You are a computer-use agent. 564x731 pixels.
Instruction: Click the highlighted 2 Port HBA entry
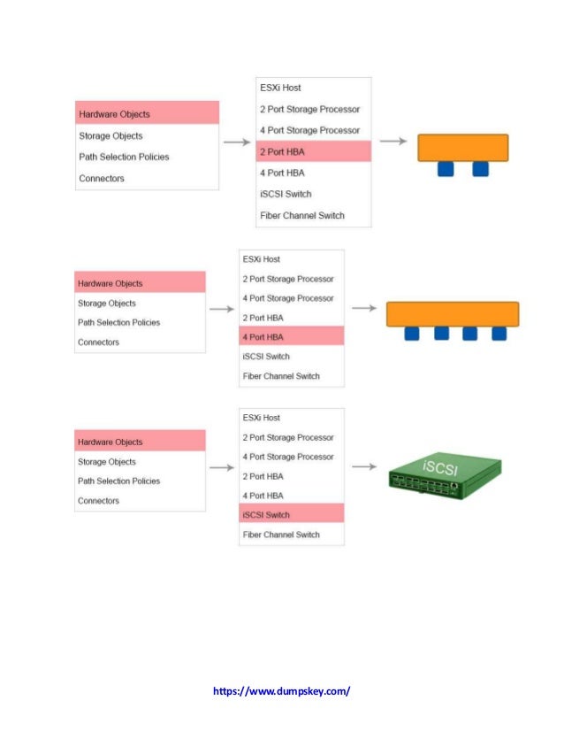(x=313, y=151)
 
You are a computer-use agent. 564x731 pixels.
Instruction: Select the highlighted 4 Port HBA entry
(x=292, y=336)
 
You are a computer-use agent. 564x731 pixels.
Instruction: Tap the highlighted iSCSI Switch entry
(x=292, y=515)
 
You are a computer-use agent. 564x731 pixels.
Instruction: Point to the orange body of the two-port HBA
(x=462, y=147)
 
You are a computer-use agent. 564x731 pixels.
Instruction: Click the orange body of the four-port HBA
(x=453, y=314)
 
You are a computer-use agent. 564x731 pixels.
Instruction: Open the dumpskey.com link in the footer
(x=282, y=690)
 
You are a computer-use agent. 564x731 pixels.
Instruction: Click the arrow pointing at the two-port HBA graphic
(x=393, y=141)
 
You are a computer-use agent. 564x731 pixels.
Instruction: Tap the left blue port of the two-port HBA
(x=446, y=168)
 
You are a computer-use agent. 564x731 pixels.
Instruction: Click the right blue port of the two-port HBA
(x=480, y=168)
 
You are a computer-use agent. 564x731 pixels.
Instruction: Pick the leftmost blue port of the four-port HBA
(x=412, y=334)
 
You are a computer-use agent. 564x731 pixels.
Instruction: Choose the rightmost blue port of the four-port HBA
(x=499, y=334)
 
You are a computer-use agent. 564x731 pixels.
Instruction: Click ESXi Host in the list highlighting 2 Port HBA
(x=280, y=88)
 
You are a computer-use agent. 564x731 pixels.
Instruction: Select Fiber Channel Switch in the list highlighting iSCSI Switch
(x=281, y=535)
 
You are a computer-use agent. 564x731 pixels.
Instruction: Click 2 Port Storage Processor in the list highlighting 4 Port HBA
(x=288, y=279)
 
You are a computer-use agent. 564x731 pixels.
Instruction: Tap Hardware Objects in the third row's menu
(x=111, y=442)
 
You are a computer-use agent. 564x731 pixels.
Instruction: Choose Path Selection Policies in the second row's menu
(x=119, y=322)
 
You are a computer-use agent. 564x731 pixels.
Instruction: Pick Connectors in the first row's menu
(x=102, y=178)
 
